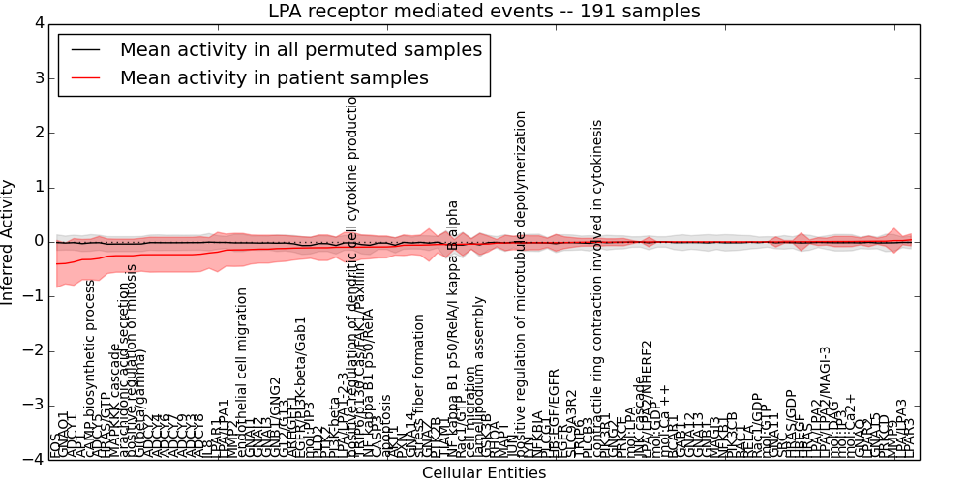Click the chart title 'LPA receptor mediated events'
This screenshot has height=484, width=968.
pos(483,12)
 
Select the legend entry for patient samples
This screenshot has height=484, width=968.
pos(274,78)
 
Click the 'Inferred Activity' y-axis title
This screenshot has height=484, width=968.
pos(9,241)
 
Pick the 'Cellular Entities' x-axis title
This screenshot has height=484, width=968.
pos(483,473)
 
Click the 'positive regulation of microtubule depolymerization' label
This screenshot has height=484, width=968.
pos(522,281)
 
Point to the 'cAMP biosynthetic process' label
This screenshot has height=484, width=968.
pos(91,368)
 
